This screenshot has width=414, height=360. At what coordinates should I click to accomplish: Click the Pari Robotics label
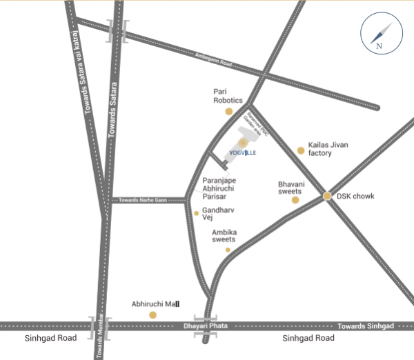point(227,95)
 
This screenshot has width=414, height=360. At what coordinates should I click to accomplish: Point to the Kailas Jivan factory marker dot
point(300,150)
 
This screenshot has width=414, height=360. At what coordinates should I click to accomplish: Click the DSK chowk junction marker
point(327,197)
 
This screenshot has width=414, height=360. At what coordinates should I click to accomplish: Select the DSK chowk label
point(355,197)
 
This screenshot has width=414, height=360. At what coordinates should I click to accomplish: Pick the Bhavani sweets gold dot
point(295,200)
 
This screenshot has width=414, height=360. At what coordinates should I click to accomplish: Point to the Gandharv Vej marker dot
point(196,213)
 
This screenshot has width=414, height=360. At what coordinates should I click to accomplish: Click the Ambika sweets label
point(224,235)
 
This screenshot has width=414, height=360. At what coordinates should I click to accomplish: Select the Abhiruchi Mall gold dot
point(153,314)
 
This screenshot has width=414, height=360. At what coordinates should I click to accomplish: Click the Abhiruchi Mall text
point(155,303)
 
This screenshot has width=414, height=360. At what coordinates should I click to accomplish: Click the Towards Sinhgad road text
point(366,325)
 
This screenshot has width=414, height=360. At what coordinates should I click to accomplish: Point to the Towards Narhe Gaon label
point(143,200)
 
